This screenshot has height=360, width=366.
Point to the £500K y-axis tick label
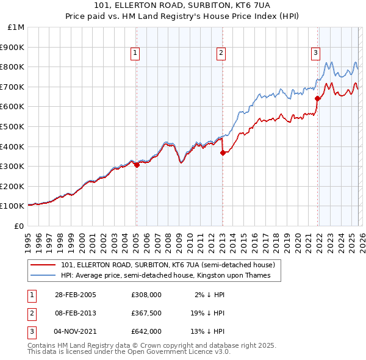pyautogui.click(x=14, y=126)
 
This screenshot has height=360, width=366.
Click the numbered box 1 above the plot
pyautogui.click(x=135, y=53)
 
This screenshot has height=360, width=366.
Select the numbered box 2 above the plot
pyautogui.click(x=221, y=53)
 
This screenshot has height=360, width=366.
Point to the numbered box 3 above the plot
pyautogui.click(x=315, y=53)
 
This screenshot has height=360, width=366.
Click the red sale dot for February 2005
pyautogui.click(x=137, y=164)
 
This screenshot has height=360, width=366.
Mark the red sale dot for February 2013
pyautogui.click(x=223, y=153)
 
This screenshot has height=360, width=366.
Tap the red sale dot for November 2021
pyautogui.click(x=317, y=98)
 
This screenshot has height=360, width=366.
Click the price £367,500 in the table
pyautogui.click(x=146, y=313)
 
